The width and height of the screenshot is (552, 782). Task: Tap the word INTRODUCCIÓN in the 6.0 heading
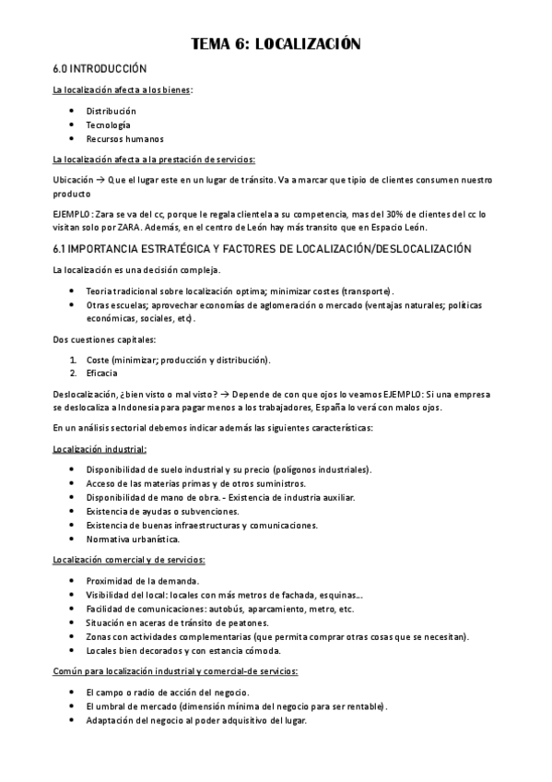(112, 69)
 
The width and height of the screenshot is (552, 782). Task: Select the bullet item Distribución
(111, 111)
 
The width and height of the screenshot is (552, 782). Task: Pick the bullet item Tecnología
(108, 124)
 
